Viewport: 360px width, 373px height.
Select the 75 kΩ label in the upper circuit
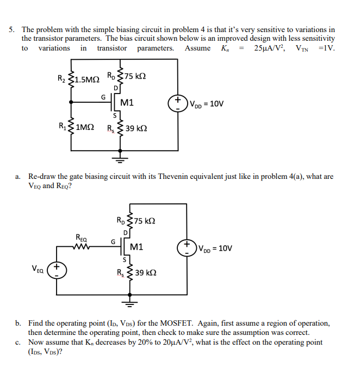pos(136,76)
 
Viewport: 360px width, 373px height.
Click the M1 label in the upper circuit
pos(127,102)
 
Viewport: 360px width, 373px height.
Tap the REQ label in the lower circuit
pos(82,238)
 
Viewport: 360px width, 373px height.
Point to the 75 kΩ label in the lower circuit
pos(145,221)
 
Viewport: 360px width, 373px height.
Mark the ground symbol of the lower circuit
pos(130,304)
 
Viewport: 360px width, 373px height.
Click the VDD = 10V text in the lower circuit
pos(215,248)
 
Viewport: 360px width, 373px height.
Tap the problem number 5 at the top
pos(11,29)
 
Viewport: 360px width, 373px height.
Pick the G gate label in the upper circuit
pos(103,96)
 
